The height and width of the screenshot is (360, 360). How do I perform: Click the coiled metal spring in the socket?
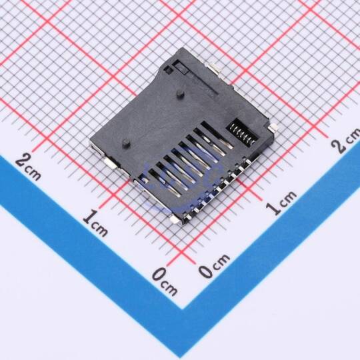tap(243, 133)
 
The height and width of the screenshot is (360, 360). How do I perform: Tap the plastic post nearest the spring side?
tap(180, 94)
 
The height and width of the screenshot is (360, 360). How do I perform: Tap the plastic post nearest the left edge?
tap(126, 143)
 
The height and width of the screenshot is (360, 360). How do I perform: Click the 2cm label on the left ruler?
tap(28, 167)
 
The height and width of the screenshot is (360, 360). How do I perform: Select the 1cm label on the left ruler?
tap(95, 223)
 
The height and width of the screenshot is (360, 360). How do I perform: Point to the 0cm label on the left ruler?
tap(165, 281)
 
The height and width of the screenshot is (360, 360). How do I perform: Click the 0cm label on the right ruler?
tap(214, 265)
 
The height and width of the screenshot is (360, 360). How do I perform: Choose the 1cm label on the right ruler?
tap(281, 203)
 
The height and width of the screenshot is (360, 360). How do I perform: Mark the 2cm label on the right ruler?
tap(346, 141)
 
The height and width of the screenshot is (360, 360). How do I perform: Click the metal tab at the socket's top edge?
tap(215, 69)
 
